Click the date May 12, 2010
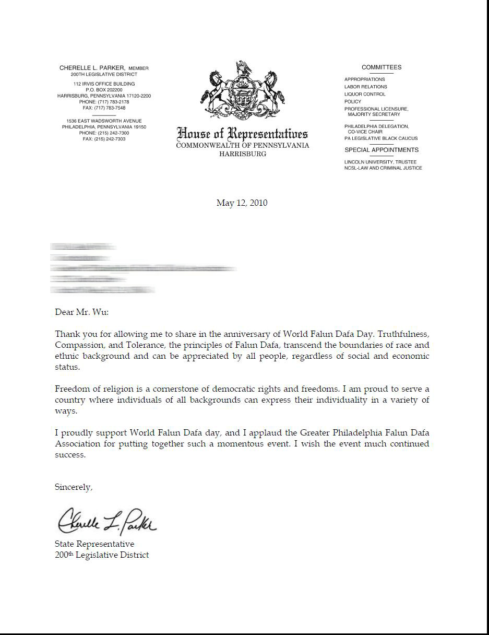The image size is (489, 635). (242, 203)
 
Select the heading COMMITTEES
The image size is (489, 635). (381, 67)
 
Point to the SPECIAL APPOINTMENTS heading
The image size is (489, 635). (381, 150)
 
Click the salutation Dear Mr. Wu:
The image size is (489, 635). (81, 312)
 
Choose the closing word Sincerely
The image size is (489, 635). (74, 487)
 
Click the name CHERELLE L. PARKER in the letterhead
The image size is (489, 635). (92, 68)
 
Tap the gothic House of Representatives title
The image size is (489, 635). (242, 134)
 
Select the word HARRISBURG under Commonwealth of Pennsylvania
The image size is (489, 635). (243, 154)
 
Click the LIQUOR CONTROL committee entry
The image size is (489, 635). (365, 95)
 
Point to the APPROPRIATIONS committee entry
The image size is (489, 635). (364, 79)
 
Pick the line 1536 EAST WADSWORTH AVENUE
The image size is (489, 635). (104, 121)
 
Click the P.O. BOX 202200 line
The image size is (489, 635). (104, 90)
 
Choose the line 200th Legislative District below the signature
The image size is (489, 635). (102, 555)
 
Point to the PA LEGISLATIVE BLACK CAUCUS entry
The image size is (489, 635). (381, 139)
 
